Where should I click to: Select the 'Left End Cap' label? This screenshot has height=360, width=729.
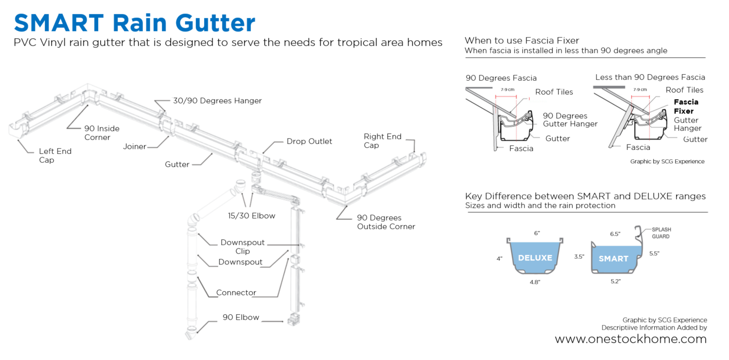(x=55, y=155)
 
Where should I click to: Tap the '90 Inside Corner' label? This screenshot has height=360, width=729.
(x=101, y=133)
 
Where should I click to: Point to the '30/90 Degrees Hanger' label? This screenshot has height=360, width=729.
(x=217, y=101)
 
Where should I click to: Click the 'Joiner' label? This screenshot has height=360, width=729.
(x=134, y=146)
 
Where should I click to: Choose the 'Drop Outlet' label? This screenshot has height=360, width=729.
(x=309, y=141)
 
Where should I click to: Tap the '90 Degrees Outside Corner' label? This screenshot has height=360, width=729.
(x=386, y=222)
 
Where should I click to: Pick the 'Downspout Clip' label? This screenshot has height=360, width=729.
(x=243, y=247)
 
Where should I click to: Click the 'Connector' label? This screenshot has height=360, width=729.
(x=236, y=293)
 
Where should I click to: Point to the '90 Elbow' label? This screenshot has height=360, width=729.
(x=241, y=317)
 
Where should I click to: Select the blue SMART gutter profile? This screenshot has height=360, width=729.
(x=613, y=258)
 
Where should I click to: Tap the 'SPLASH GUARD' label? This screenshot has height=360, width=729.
(x=661, y=233)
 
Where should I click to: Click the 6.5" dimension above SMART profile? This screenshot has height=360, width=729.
(x=615, y=234)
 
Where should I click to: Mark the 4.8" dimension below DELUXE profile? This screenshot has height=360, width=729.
(x=535, y=282)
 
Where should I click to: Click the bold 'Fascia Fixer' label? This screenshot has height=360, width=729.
(x=686, y=107)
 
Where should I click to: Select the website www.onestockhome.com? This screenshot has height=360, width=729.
(x=630, y=339)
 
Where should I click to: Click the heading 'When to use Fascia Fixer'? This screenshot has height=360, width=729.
(x=522, y=41)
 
